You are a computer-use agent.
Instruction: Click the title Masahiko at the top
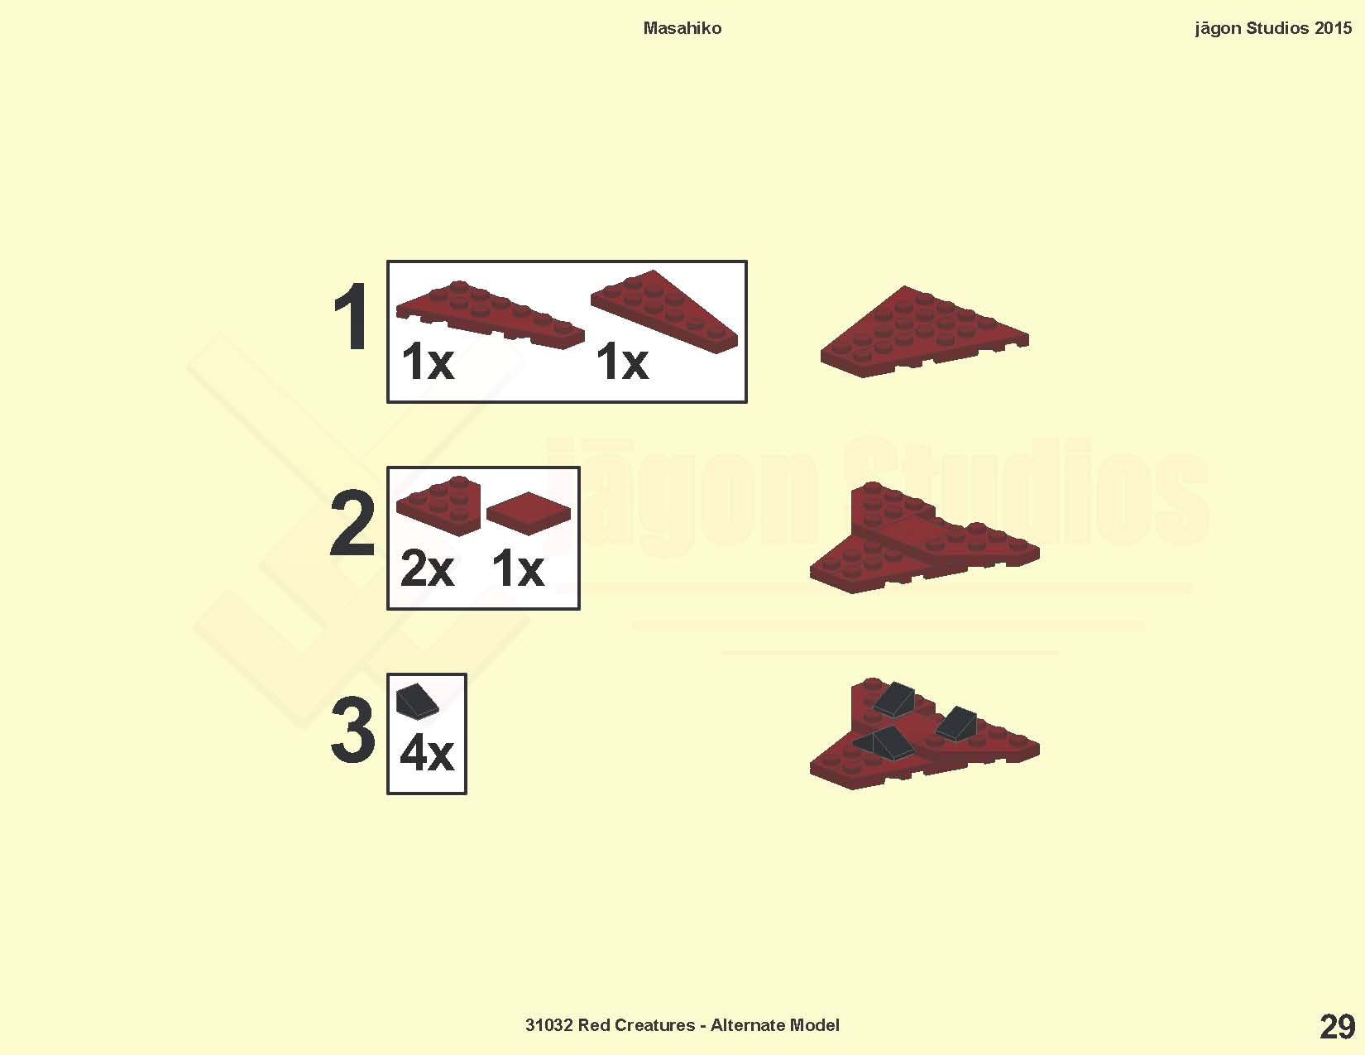point(682,28)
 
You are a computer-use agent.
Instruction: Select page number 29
point(1338,1027)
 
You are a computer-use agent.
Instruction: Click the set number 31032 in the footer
point(548,1025)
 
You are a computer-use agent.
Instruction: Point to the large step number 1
point(351,316)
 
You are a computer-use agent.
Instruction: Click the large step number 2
point(352,524)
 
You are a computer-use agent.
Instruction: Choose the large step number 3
point(352,730)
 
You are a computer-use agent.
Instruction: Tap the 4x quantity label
point(427,753)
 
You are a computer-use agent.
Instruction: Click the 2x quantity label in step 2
point(427,568)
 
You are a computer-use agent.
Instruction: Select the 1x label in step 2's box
point(518,568)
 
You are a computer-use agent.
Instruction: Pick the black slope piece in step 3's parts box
point(417,701)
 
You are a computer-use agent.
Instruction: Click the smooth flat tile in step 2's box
point(529,513)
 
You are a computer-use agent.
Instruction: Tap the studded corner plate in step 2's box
point(438,506)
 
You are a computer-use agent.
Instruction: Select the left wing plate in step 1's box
point(490,314)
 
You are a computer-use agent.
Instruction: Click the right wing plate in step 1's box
point(664,312)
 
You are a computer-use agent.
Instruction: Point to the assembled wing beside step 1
point(924,332)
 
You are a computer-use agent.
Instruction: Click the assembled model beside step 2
point(924,538)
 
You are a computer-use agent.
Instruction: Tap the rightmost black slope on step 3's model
point(956,723)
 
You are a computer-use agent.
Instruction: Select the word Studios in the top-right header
point(1277,28)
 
